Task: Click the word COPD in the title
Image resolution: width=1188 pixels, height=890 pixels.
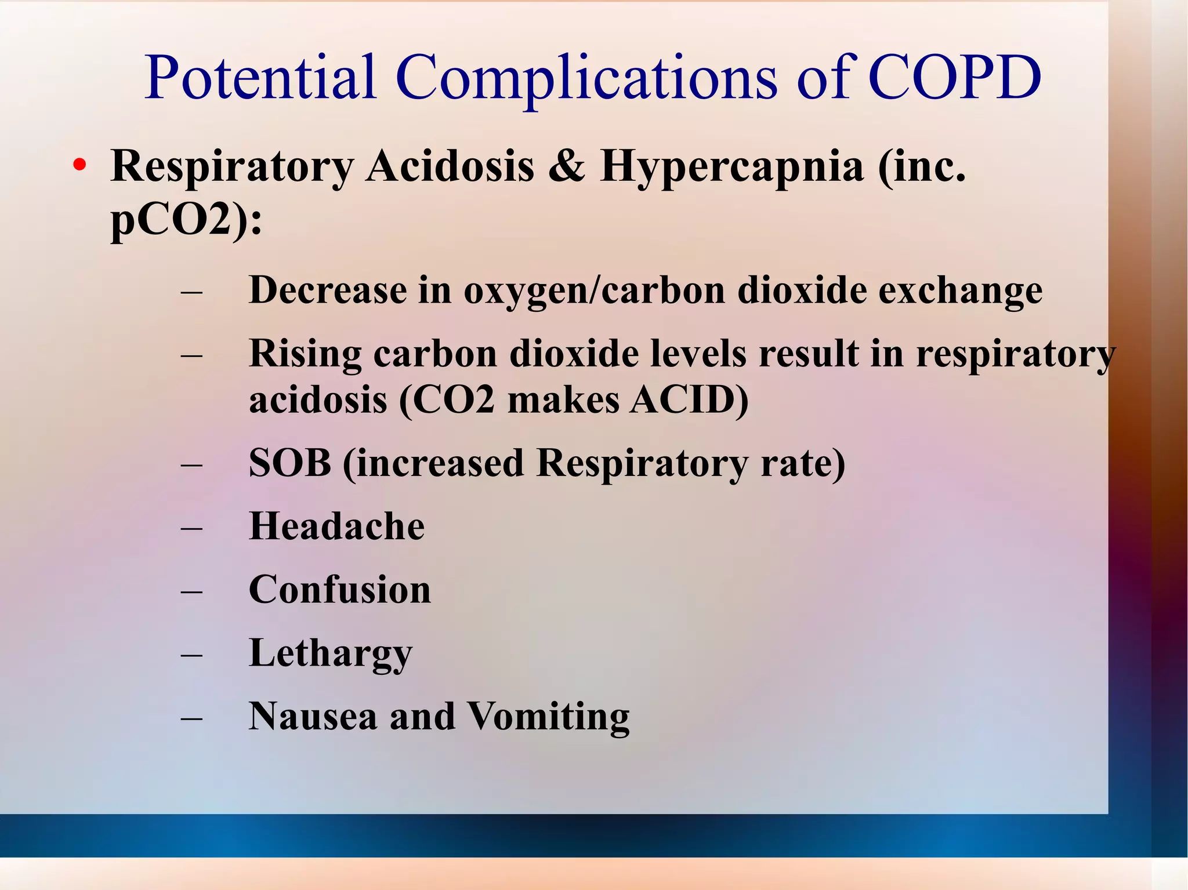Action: pyautogui.click(x=954, y=78)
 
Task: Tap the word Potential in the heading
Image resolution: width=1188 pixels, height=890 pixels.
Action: pyautogui.click(x=260, y=78)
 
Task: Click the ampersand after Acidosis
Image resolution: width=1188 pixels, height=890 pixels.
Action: pyautogui.click(x=566, y=166)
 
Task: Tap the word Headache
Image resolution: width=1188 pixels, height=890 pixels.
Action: pyautogui.click(x=336, y=526)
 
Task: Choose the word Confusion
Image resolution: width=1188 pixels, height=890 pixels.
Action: pyautogui.click(x=339, y=590)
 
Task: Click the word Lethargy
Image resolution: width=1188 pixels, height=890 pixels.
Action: pyautogui.click(x=330, y=654)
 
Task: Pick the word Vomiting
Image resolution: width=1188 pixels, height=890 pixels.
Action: pyautogui.click(x=548, y=717)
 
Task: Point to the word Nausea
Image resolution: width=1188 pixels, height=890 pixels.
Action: pyautogui.click(x=313, y=717)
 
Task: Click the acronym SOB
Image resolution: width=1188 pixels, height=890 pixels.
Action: pyautogui.click(x=289, y=463)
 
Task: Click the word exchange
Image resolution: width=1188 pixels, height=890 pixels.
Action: pyautogui.click(x=960, y=290)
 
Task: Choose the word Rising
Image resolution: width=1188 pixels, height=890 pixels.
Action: pyautogui.click(x=305, y=354)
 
